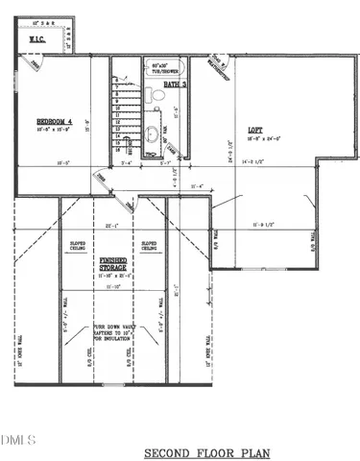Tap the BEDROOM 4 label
click(x=54, y=120)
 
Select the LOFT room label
click(x=254, y=130)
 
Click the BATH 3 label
click(x=174, y=85)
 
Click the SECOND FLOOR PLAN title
click(x=207, y=451)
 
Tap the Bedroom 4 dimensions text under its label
click(x=55, y=129)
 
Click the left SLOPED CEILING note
click(x=78, y=246)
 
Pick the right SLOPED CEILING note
click(x=150, y=246)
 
